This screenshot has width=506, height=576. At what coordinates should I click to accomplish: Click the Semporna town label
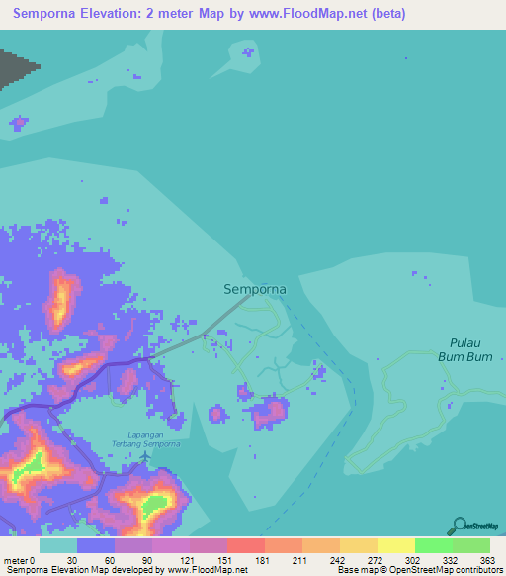pyautogui.click(x=255, y=289)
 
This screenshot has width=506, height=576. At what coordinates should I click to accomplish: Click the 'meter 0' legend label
pyautogui.click(x=19, y=560)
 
